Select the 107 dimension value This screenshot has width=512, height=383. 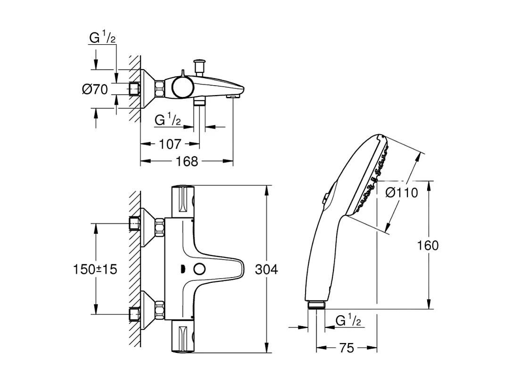(170, 144)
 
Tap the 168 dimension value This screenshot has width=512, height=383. (187, 161)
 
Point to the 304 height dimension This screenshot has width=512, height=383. (266, 270)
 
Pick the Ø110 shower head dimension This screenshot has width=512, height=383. (401, 192)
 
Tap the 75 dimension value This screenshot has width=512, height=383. (347, 348)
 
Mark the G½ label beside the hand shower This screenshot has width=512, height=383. (348, 321)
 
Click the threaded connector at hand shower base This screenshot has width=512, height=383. (315, 305)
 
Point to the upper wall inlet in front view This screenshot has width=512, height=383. (135, 223)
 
